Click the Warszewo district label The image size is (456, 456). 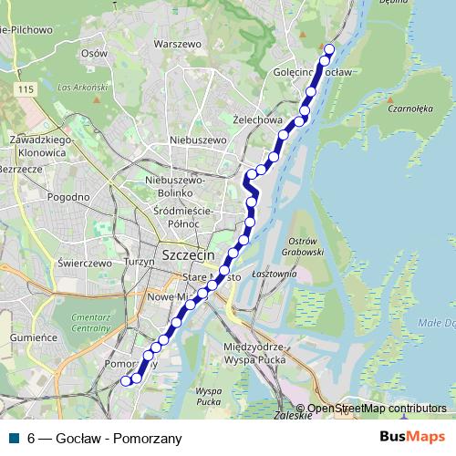pos(178,43)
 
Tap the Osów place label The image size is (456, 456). pos(94,53)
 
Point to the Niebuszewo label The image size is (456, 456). pos(198,140)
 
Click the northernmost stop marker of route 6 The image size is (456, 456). pos(329,50)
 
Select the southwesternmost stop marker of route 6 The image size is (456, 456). pos(127,381)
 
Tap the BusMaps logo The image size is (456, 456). pos(411,437)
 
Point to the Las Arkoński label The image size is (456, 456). pos(77,88)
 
